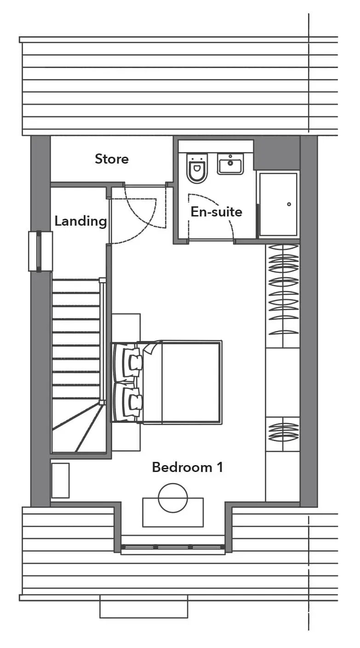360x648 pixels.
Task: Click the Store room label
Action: (x=112, y=159)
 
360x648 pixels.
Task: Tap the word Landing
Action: (x=81, y=222)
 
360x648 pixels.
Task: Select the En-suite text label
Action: (x=217, y=212)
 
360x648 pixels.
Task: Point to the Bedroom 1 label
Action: (x=188, y=467)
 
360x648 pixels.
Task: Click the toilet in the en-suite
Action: (x=197, y=168)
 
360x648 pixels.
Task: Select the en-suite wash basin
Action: (x=230, y=164)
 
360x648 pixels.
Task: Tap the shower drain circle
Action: (x=289, y=204)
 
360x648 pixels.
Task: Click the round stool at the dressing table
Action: (x=173, y=498)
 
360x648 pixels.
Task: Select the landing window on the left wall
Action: (x=40, y=251)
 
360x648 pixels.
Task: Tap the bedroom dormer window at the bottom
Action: (x=173, y=547)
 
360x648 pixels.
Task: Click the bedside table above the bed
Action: (x=126, y=327)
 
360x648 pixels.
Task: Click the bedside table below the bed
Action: (x=126, y=438)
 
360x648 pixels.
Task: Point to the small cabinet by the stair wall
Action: (x=61, y=481)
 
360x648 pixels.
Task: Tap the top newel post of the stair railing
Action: (x=102, y=280)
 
